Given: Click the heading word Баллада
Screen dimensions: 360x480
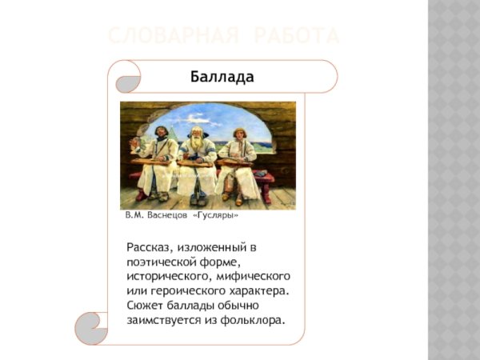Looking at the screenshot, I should [x=222, y=78].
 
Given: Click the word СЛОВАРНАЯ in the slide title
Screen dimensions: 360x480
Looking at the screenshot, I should [x=169, y=36].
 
